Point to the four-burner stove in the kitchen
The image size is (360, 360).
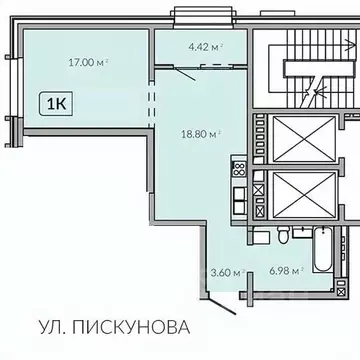(x=238, y=167)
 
